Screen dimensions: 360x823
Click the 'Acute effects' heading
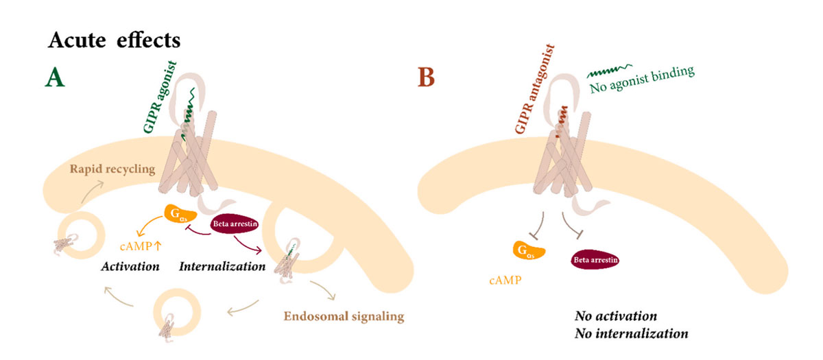[x=114, y=40]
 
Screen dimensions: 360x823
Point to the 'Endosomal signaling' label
[x=344, y=317]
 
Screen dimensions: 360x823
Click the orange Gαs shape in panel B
[x=528, y=251]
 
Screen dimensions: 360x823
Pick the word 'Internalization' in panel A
[x=222, y=265]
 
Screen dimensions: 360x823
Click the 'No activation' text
[x=615, y=316]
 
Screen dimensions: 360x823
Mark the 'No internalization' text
[x=631, y=335]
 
